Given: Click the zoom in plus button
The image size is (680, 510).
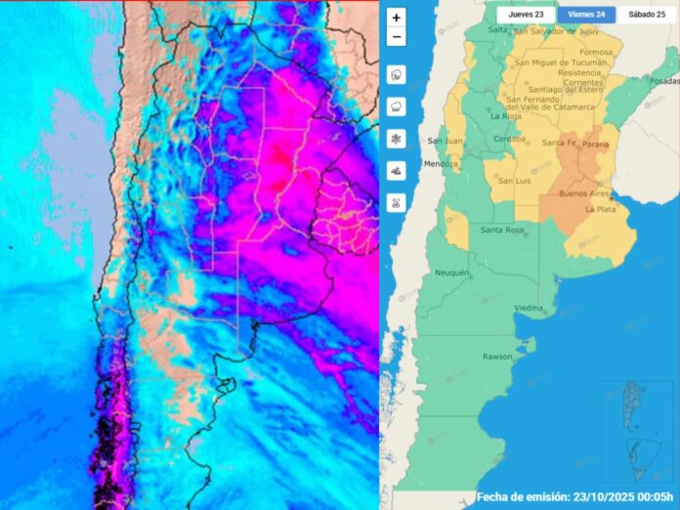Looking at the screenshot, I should [396, 18].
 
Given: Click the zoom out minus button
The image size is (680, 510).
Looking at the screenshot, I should [396, 37].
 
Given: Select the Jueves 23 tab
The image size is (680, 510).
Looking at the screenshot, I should [526, 16].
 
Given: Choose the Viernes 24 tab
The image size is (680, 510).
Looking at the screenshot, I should [587, 16].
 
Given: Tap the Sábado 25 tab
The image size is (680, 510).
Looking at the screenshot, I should [646, 16].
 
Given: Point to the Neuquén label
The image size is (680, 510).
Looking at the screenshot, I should [451, 273].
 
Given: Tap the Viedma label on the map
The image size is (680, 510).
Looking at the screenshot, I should [529, 308].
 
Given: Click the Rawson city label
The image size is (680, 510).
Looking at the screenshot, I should [497, 357].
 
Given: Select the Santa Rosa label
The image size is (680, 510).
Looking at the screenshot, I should [503, 230].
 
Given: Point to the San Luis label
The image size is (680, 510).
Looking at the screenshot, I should [514, 181].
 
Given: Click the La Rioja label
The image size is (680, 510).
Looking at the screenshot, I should [506, 116].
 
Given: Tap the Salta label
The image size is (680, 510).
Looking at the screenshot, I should [498, 29].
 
